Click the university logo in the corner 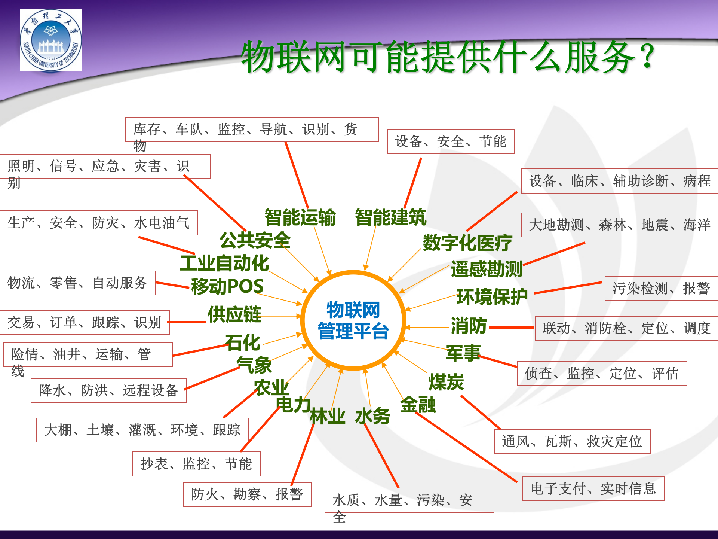point(51,40)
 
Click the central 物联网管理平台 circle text point(353,321)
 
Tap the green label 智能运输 point(300,217)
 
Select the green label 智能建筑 point(390,217)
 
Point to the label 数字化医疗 point(467,243)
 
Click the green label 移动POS point(227,286)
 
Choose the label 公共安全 point(255,240)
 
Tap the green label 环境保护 point(492,297)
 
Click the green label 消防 point(469,325)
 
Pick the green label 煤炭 point(446,382)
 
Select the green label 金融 point(418,405)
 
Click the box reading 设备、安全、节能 point(451,141)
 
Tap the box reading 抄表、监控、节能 point(196,464)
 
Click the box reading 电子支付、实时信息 point(593,488)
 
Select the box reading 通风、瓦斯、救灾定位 point(572,441)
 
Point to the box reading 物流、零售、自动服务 point(78,283)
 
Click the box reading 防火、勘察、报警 point(247,494)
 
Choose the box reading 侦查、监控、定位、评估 point(602,373)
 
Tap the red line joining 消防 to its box point(511,328)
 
